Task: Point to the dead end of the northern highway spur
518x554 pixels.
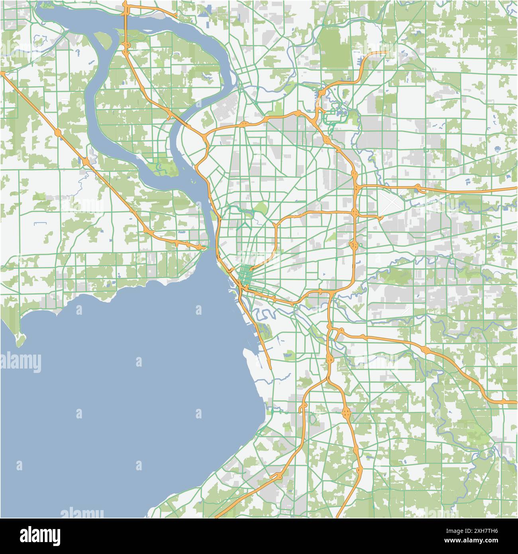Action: point(385,52)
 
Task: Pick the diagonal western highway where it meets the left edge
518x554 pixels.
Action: point(2,73)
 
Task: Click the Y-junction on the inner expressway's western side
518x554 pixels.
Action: point(275,226)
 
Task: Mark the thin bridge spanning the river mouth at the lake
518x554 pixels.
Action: point(210,249)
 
